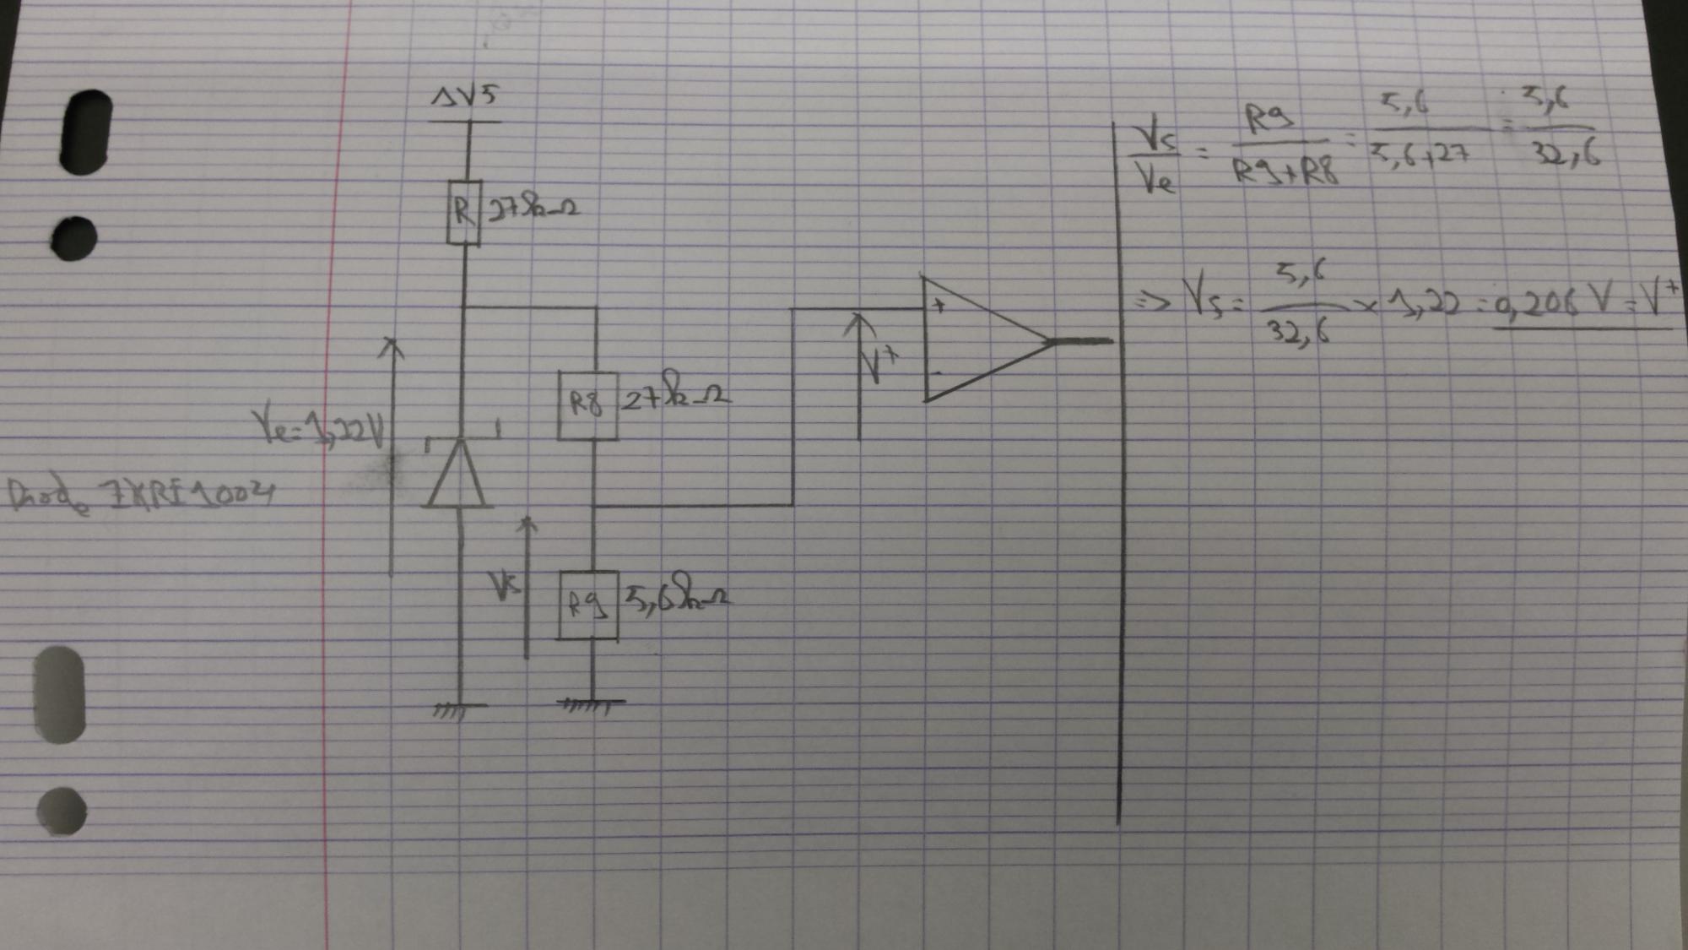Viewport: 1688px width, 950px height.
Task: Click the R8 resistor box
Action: (x=587, y=406)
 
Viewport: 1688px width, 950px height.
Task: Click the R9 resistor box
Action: (x=588, y=605)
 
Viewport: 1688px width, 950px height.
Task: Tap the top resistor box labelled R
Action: (x=463, y=213)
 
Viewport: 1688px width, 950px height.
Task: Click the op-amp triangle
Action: (x=983, y=340)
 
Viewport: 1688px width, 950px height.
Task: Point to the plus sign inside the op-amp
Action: (x=939, y=306)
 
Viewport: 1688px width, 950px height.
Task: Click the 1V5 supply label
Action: (x=465, y=97)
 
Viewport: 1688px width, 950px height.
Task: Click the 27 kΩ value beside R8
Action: (x=675, y=394)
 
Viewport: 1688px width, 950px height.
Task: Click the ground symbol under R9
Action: (x=592, y=704)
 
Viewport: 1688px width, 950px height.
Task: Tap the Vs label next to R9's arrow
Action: (x=506, y=584)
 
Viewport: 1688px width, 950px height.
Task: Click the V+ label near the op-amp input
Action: (x=878, y=364)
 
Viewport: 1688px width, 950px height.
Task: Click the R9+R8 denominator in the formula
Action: (x=1285, y=171)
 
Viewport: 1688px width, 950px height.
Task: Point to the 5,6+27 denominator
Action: (x=1419, y=154)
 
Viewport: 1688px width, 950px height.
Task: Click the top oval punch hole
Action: (x=86, y=133)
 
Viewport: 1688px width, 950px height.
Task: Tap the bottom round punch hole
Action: (x=62, y=812)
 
